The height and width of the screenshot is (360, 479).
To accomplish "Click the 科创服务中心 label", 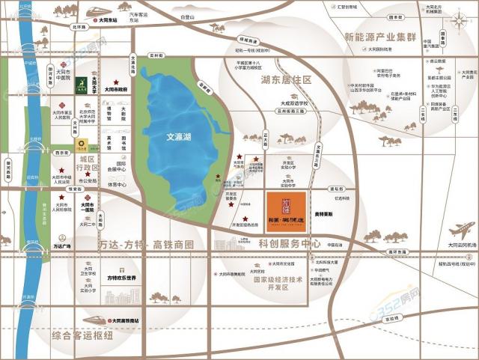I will coord(290,244).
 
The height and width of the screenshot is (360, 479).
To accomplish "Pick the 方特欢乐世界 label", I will coord(122,278).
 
